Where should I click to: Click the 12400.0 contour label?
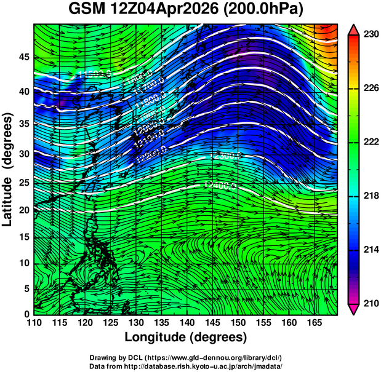[x=220, y=184]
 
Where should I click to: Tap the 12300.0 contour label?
[x=225, y=156]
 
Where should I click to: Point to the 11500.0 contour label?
[x=94, y=74]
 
